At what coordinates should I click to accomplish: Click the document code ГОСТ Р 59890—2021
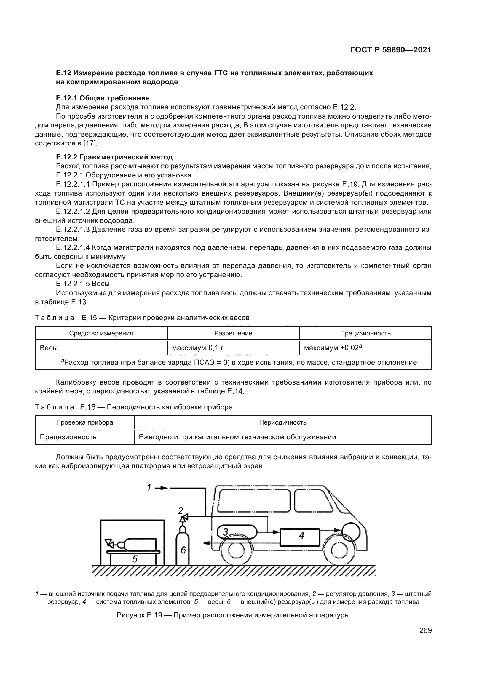[391, 50]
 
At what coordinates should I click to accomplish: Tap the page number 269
[425, 630]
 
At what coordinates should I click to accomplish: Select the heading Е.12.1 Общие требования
[103, 98]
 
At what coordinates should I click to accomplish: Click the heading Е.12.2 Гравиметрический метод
[114, 157]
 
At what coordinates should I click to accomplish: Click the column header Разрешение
[233, 333]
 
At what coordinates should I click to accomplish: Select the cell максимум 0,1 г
[198, 348]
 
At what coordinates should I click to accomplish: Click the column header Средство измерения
[101, 333]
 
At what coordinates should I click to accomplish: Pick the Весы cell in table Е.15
[49, 348]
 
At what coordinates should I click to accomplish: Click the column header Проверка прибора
[84, 422]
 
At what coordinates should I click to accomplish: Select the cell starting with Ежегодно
[237, 437]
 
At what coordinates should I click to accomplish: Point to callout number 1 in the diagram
[149, 488]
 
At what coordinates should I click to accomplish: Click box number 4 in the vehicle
[300, 535]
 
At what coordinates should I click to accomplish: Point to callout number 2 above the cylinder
[181, 510]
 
